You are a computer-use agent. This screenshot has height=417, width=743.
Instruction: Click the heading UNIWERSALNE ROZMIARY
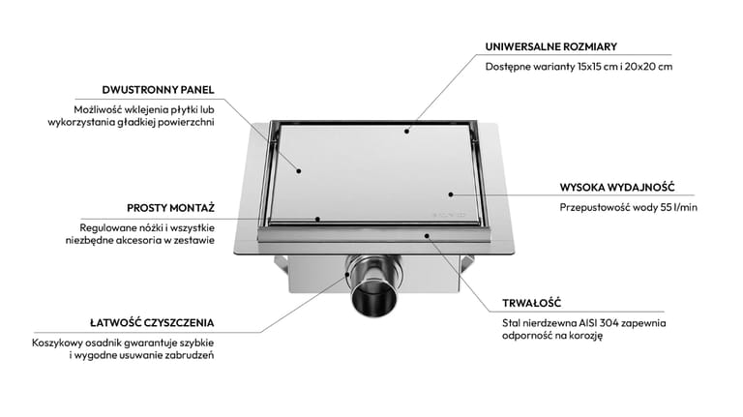pyautogui.click(x=551, y=46)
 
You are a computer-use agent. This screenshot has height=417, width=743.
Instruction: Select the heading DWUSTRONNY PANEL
pyautogui.click(x=159, y=90)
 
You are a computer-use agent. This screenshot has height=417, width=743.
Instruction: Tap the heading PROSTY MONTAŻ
pyautogui.click(x=170, y=208)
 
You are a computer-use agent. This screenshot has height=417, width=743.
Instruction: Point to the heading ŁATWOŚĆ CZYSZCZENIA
pyautogui.click(x=152, y=323)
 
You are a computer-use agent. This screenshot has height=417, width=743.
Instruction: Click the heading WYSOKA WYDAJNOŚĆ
pyautogui.click(x=617, y=187)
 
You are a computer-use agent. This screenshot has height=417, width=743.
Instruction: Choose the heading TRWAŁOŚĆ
pyautogui.click(x=532, y=303)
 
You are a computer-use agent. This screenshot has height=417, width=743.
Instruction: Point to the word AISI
pyautogui.click(x=588, y=323)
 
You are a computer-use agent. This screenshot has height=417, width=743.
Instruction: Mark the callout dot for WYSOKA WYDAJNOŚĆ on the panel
pyautogui.click(x=451, y=194)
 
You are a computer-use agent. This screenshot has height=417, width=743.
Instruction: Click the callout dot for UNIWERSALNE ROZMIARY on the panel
pyautogui.click(x=406, y=131)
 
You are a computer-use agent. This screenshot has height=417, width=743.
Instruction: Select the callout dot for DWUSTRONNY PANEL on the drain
pyautogui.click(x=299, y=170)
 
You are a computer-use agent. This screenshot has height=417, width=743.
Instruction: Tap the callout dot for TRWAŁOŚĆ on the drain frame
pyautogui.click(x=427, y=235)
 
